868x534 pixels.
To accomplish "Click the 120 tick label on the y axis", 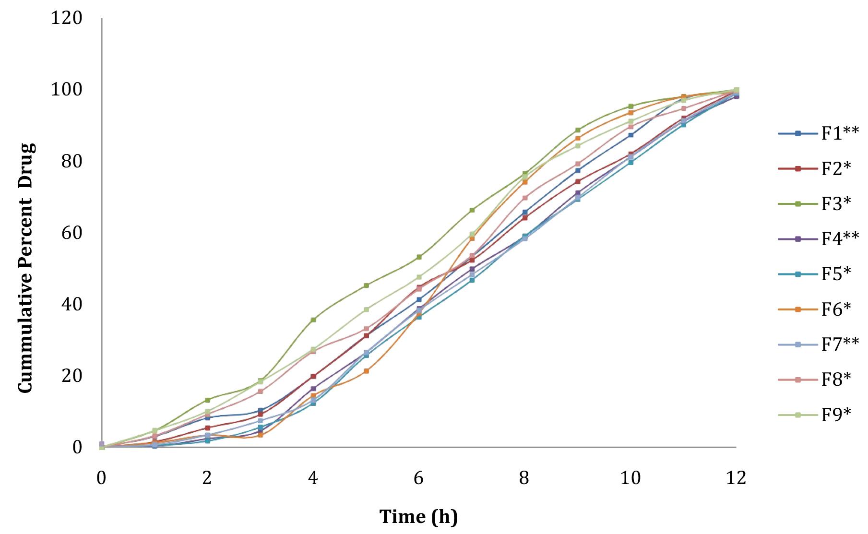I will (x=67, y=18).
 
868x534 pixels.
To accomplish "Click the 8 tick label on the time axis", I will (x=524, y=478).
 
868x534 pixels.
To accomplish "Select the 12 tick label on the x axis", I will (x=736, y=478).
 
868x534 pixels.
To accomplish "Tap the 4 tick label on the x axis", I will (x=313, y=478).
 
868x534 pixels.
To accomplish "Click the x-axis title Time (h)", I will (x=418, y=517).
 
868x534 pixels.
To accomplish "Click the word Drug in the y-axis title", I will (x=26, y=165).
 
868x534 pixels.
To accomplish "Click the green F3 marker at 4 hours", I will (x=313, y=320).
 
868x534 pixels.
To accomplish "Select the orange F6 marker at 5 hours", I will (x=366, y=371).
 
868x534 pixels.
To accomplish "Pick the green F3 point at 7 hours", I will (x=472, y=210).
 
